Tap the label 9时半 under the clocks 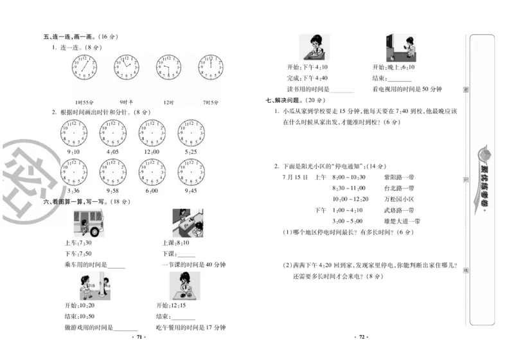(x=126, y=102)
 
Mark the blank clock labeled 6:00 (x=152, y=172)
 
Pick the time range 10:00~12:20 (x=350, y=199)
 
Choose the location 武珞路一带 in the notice (x=398, y=210)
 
